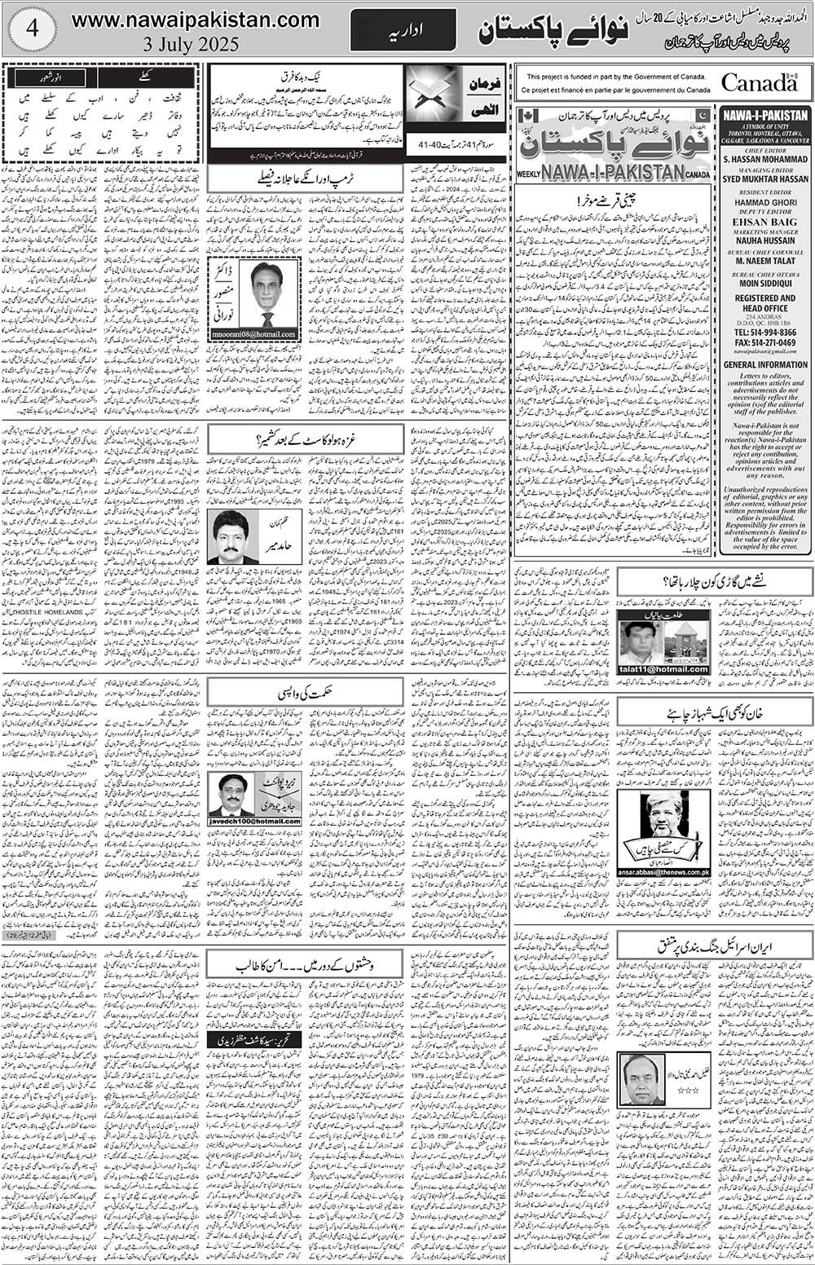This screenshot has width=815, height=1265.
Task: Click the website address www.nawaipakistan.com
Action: pos(196,20)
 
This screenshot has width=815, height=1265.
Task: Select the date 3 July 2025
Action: pos(196,43)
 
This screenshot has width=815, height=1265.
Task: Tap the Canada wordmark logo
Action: pos(759,82)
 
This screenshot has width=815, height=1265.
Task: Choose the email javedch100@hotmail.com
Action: pos(254,822)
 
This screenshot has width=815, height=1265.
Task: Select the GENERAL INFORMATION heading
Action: pos(764,365)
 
